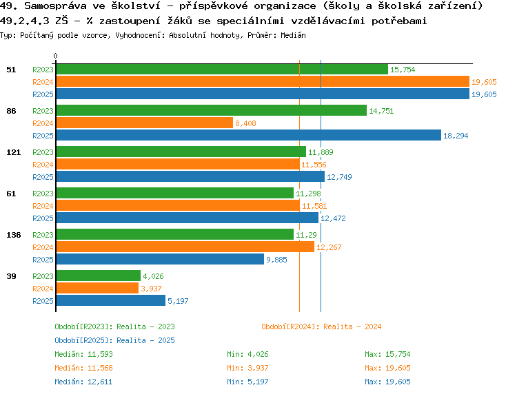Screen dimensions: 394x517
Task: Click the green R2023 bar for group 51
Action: coord(222,69)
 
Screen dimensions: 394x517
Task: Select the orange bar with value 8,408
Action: coord(144,123)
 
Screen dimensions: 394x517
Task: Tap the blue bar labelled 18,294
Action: coord(248,135)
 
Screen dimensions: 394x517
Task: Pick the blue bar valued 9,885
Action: coord(160,259)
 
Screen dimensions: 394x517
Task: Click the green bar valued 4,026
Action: coord(98,276)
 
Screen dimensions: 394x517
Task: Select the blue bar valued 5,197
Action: coord(111,300)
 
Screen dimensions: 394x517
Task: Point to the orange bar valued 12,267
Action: coord(185,247)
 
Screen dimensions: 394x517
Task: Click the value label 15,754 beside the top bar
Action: coord(403,70)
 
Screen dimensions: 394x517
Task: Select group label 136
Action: coord(13,235)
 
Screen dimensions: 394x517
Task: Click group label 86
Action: coord(11,111)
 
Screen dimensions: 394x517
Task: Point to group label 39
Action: coord(11,276)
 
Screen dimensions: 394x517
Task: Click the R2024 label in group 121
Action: coord(43,165)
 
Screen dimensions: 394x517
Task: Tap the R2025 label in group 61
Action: coord(43,218)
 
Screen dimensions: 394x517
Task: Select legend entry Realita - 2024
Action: coord(321,326)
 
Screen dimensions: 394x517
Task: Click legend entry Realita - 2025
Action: coord(114,340)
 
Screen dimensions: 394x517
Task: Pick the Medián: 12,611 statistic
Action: coord(83,382)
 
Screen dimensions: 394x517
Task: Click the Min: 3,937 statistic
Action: coord(250,368)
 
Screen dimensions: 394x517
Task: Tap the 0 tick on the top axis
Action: coord(56,56)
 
